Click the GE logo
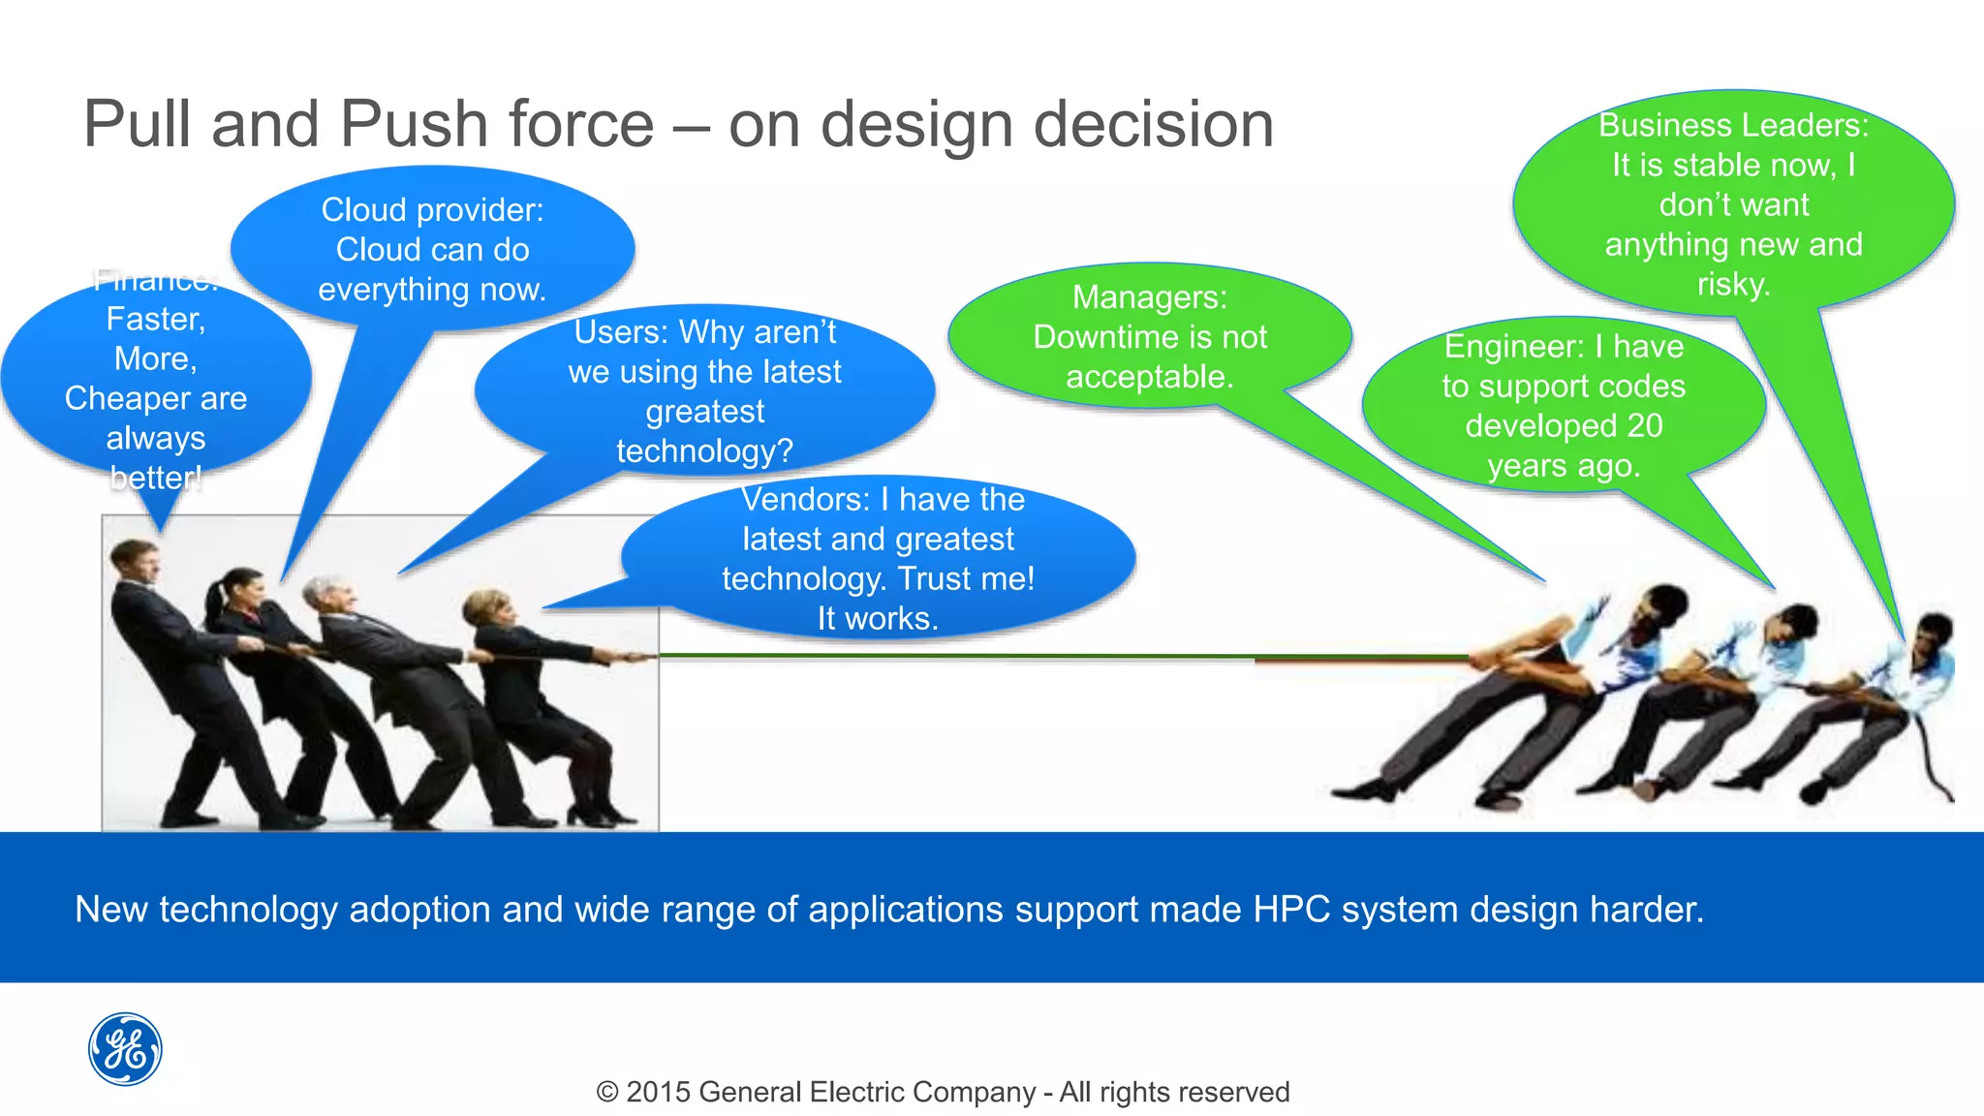click(x=125, y=1049)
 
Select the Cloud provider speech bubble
click(x=432, y=249)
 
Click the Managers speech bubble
click(x=1149, y=336)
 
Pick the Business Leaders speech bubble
click(x=1733, y=203)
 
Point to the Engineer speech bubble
click(x=1564, y=406)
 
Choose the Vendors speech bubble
click(x=878, y=559)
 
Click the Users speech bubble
click(x=704, y=391)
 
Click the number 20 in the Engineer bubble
click(x=1645, y=425)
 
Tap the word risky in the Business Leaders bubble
click(x=1733, y=284)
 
